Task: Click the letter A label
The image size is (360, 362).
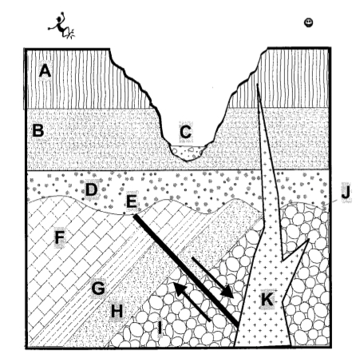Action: tap(45, 71)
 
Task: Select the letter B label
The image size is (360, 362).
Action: tap(38, 130)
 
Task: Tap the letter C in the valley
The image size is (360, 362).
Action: tap(185, 132)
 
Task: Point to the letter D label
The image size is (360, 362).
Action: tap(91, 189)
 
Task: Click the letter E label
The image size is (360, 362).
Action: tap(132, 201)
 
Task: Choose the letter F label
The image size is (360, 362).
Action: tap(60, 237)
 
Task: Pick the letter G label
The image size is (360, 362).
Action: tap(98, 288)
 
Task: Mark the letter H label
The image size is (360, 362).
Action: tap(117, 310)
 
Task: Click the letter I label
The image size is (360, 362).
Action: tap(160, 328)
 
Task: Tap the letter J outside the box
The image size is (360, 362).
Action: tap(346, 193)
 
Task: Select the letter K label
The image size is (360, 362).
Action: tap(267, 299)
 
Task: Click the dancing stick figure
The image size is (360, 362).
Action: tap(61, 26)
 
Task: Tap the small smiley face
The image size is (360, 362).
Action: tap(308, 22)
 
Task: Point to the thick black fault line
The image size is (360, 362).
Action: tap(186, 269)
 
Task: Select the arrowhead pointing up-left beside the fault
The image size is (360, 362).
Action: tap(180, 288)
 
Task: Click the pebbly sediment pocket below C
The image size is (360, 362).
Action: tap(188, 153)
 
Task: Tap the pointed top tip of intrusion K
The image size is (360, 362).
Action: tap(257, 85)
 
